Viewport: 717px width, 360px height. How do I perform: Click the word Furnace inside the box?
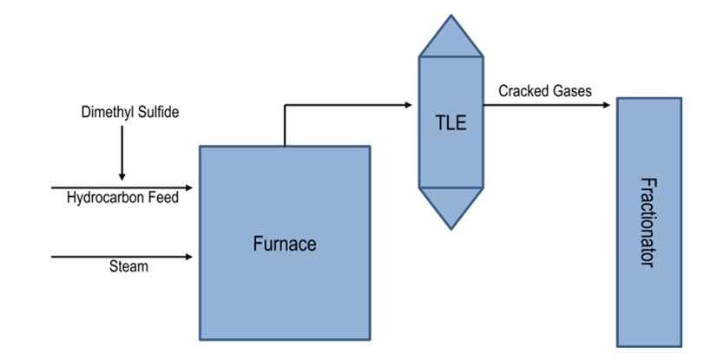pos(285,244)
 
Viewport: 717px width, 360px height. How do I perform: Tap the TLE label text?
pos(451,122)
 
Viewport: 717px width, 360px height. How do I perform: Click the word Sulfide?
pos(158,112)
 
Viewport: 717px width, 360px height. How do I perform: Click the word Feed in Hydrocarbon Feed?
pos(163,198)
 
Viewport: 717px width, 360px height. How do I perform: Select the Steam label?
pos(128,266)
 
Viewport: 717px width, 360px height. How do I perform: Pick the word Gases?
pos(574,90)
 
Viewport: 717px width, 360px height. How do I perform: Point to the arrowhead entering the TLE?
pos(407,106)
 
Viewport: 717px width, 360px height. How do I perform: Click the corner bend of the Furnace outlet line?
pos(285,106)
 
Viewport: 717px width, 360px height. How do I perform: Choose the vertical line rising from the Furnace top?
pos(285,127)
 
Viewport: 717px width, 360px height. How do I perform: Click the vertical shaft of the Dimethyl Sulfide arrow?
pos(122,147)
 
